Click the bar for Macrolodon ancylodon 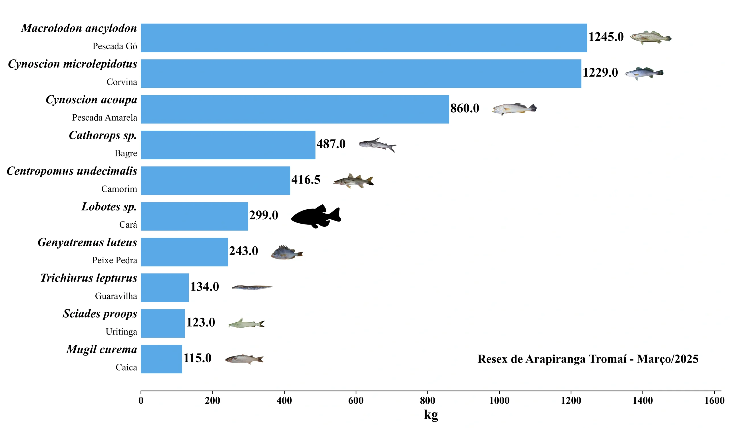[x=364, y=38]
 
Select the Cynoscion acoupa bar [x=295, y=109]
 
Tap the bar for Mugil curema [x=161, y=359]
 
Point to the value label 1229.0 [x=600, y=73]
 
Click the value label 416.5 [x=306, y=180]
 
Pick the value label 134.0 [x=204, y=287]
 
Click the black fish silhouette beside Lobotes [x=316, y=216]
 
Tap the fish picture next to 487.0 [x=377, y=144]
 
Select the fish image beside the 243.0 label [x=287, y=252]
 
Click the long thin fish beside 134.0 [x=252, y=287]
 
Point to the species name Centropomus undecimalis [x=72, y=171]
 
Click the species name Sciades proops [x=100, y=314]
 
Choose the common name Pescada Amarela [x=105, y=118]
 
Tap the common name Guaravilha [x=116, y=296]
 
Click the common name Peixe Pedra [x=115, y=260]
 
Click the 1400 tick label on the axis [x=642, y=401]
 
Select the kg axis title [x=431, y=414]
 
